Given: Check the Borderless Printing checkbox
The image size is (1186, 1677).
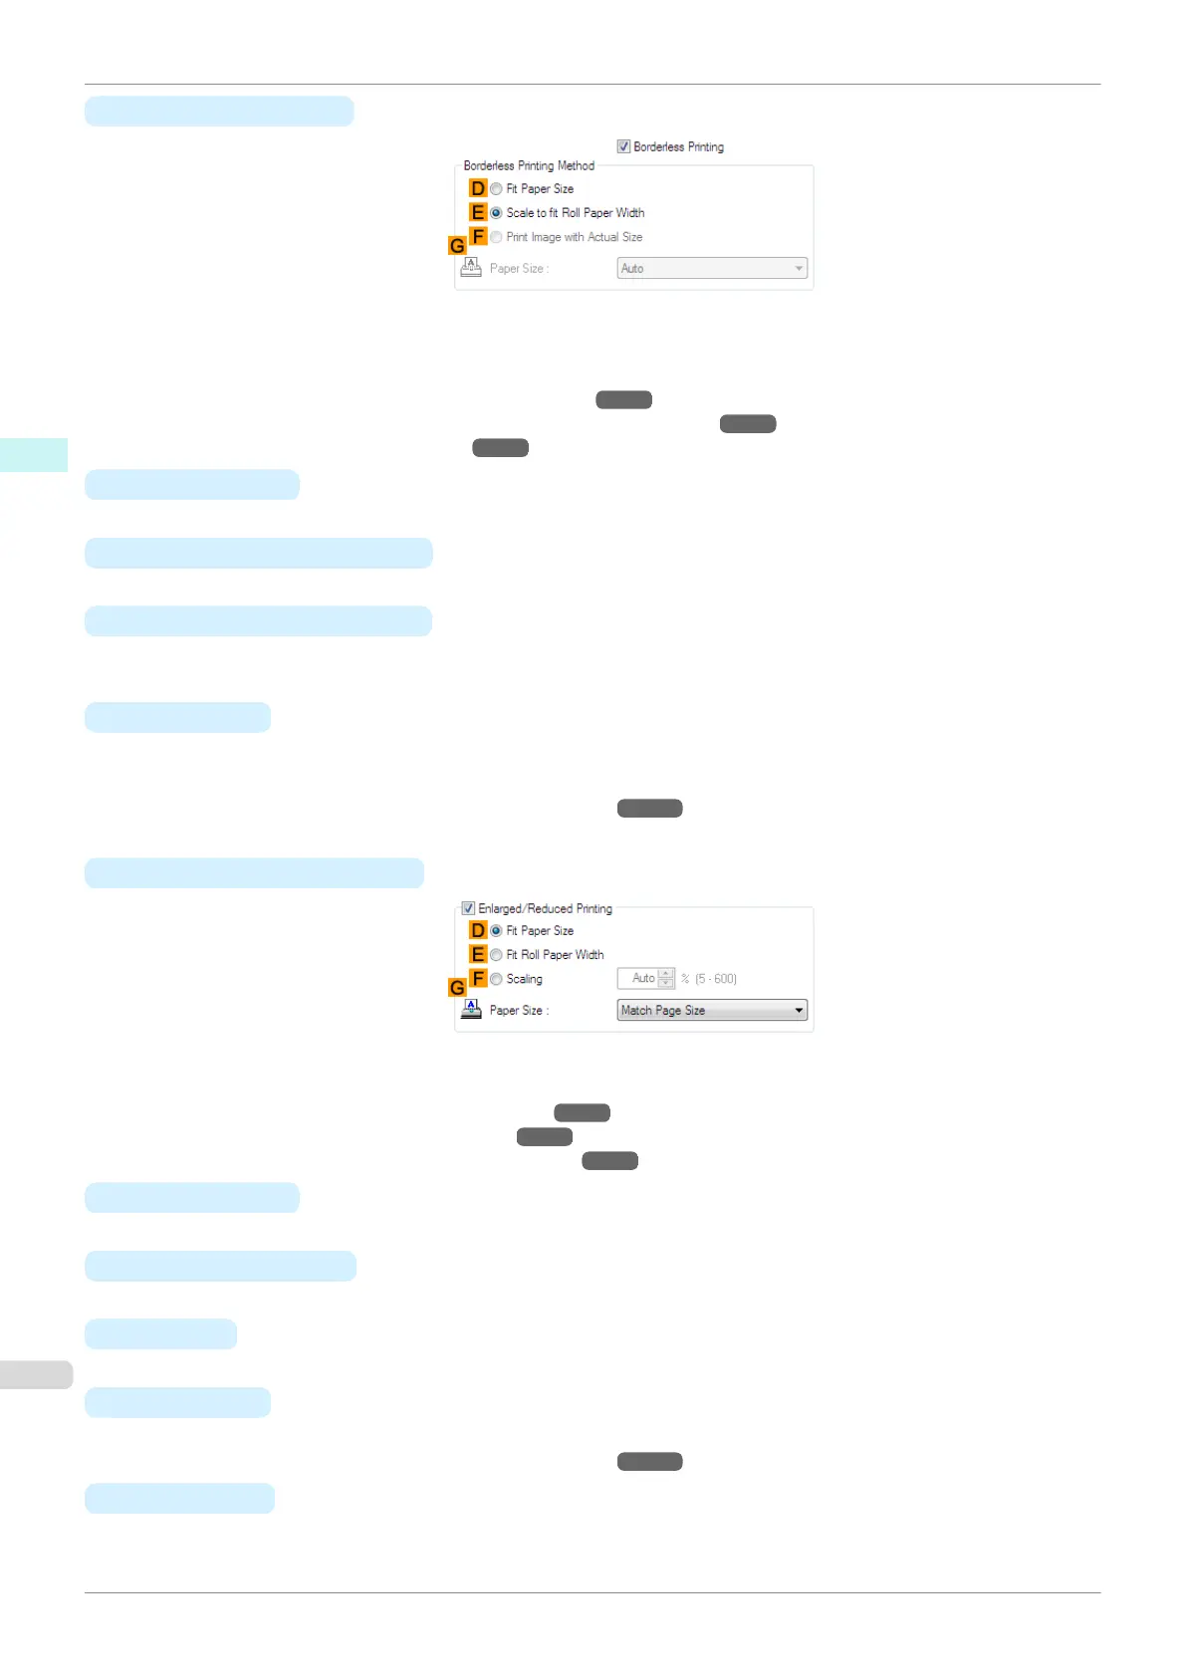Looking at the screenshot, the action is click(x=623, y=146).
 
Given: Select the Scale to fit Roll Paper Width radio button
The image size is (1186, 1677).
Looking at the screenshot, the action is click(x=496, y=213).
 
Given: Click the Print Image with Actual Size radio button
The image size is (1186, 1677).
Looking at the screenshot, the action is click(x=496, y=237).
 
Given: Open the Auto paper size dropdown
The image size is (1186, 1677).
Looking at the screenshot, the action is click(x=711, y=269).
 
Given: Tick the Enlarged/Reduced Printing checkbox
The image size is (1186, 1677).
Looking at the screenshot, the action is click(x=468, y=908).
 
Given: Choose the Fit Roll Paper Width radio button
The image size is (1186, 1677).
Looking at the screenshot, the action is click(x=496, y=955).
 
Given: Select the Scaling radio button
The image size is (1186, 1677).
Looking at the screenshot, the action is click(x=496, y=979).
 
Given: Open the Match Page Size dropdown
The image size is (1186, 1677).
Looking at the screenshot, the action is click(x=711, y=1011).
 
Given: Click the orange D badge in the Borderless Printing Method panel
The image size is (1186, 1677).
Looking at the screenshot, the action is click(x=478, y=188).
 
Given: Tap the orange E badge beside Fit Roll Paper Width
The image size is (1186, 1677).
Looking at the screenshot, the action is click(x=478, y=954).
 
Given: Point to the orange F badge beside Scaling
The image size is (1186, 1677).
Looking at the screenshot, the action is click(x=479, y=978).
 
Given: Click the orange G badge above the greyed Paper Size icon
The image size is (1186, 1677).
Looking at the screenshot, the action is click(x=457, y=245).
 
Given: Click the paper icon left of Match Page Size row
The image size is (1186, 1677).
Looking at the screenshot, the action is click(x=471, y=1010).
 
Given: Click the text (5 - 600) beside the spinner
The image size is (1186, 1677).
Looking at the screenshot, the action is click(x=716, y=979).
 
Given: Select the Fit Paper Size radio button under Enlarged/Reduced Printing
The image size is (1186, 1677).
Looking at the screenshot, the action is click(x=496, y=931).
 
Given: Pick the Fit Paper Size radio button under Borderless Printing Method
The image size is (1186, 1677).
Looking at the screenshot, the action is click(x=496, y=189).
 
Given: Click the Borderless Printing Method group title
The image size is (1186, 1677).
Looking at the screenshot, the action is click(x=529, y=166).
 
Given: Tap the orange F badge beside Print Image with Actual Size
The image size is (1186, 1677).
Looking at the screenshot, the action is click(x=479, y=236).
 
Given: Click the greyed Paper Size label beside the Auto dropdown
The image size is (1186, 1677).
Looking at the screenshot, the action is click(x=519, y=269).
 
